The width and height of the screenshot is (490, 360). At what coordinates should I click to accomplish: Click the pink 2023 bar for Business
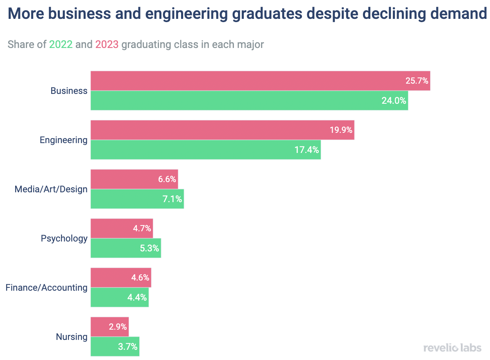click(246, 81)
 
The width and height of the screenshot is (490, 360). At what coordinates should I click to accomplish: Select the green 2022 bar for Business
click(246, 100)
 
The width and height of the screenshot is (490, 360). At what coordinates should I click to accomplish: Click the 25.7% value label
click(417, 81)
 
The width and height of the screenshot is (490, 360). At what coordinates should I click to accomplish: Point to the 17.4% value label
click(306, 150)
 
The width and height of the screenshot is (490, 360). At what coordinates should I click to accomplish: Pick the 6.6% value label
click(167, 179)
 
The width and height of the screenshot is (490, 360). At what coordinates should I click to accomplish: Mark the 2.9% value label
click(118, 327)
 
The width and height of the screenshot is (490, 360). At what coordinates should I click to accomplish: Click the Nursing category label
click(72, 337)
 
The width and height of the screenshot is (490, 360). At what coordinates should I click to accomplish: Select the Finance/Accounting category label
click(46, 288)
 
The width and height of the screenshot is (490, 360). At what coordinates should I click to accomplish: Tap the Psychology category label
click(64, 239)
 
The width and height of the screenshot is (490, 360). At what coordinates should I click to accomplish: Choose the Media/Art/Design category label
click(51, 189)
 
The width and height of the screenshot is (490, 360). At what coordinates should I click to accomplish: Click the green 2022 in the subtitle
click(61, 44)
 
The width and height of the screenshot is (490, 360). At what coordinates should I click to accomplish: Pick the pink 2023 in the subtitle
click(107, 44)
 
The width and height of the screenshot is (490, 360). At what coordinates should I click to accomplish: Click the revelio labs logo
click(452, 348)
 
